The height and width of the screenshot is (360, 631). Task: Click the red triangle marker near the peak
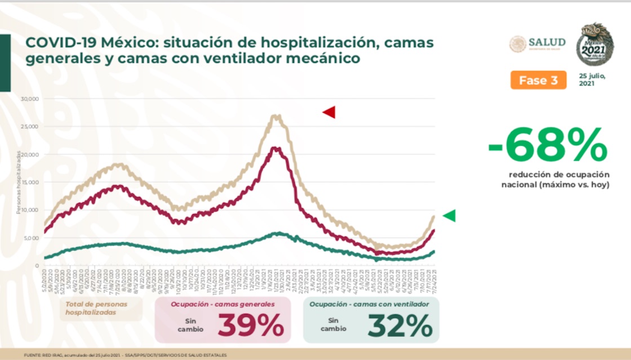click(330, 112)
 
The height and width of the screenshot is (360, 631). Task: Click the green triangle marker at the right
click(449, 215)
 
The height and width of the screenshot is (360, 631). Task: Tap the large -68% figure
click(548, 145)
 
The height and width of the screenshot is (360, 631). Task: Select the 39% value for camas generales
click(251, 325)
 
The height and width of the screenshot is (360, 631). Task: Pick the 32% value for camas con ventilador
click(399, 325)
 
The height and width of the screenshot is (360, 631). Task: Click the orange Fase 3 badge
click(538, 80)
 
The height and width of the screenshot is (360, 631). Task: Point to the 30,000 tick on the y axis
click(30, 99)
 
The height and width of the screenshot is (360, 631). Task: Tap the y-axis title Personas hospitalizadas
click(19, 182)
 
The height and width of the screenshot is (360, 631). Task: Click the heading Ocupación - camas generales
click(223, 304)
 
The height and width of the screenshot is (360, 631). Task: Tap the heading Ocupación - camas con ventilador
click(370, 304)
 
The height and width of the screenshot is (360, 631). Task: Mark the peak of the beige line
click(275, 116)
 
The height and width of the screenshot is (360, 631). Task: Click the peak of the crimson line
click(275, 149)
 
